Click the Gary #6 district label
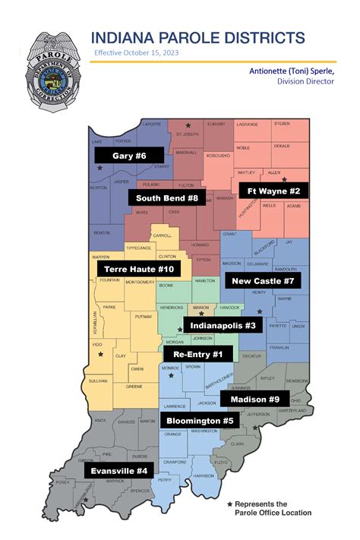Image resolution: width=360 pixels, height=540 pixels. click(x=120, y=155)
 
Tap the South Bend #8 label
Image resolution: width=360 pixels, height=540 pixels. click(x=166, y=198)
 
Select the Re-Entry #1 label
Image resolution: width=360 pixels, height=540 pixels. click(x=197, y=354)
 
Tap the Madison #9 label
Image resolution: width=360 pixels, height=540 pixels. click(x=253, y=399)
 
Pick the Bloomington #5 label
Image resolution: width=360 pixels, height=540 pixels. click(x=200, y=420)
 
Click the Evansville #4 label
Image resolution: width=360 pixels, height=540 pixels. click(x=118, y=470)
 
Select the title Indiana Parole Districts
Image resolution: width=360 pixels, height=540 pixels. click(x=198, y=38)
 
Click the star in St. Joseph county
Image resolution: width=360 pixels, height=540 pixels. click(x=188, y=124)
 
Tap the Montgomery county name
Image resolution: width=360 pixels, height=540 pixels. click(x=139, y=282)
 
